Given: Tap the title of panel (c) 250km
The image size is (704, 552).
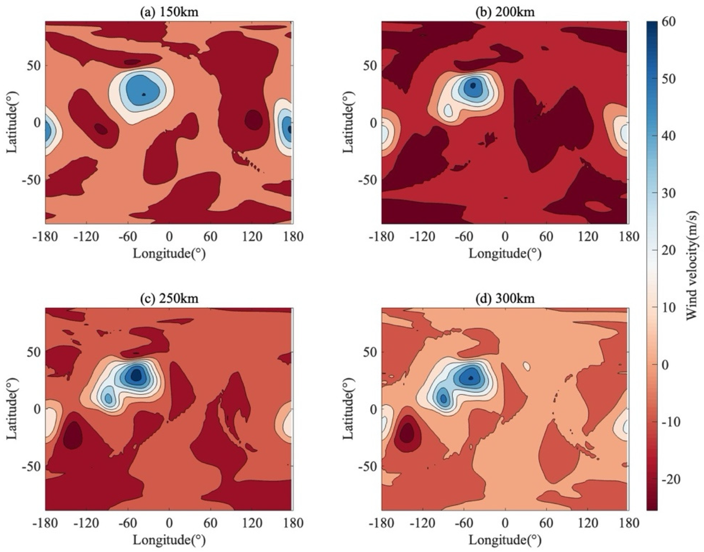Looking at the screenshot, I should (x=169, y=298).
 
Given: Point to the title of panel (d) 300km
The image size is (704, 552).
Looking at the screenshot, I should (x=505, y=298).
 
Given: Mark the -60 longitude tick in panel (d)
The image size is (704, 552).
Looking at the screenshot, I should (x=464, y=523).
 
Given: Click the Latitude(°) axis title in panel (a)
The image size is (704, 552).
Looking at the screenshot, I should (x=12, y=122).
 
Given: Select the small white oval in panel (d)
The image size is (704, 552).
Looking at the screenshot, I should (x=527, y=366).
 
